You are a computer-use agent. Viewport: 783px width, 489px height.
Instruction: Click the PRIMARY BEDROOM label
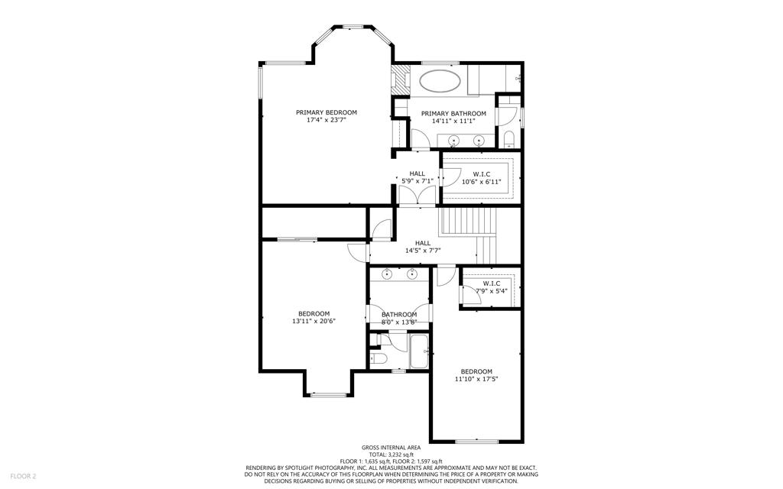(326, 113)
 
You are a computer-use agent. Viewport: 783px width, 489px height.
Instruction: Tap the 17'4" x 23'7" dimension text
(326, 120)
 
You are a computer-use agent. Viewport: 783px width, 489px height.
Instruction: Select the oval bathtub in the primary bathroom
(440, 81)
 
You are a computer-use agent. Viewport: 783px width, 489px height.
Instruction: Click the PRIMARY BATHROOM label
(453, 114)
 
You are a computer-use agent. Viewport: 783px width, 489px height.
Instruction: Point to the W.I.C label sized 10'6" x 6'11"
(482, 174)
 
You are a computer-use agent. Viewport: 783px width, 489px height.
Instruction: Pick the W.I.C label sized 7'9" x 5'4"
(492, 283)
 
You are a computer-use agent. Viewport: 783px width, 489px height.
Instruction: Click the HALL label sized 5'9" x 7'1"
(417, 174)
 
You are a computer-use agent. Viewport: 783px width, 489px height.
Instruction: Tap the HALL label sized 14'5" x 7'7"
(422, 244)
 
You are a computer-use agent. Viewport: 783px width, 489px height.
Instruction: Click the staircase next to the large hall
(469, 235)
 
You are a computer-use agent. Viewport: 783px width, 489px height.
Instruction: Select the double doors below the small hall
(417, 196)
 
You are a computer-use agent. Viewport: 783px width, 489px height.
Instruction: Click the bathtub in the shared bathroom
(420, 351)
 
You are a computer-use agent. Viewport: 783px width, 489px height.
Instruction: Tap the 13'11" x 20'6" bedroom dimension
(314, 322)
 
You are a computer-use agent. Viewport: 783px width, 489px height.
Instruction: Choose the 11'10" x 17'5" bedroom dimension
(476, 379)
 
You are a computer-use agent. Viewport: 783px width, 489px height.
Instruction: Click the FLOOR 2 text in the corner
(23, 477)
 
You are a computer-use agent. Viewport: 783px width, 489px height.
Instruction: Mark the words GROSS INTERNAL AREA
(391, 448)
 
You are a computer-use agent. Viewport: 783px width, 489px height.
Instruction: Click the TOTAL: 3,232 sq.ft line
(391, 455)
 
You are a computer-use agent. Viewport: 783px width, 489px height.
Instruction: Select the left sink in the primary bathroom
(453, 140)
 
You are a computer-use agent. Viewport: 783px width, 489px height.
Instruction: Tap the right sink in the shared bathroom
(412, 274)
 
